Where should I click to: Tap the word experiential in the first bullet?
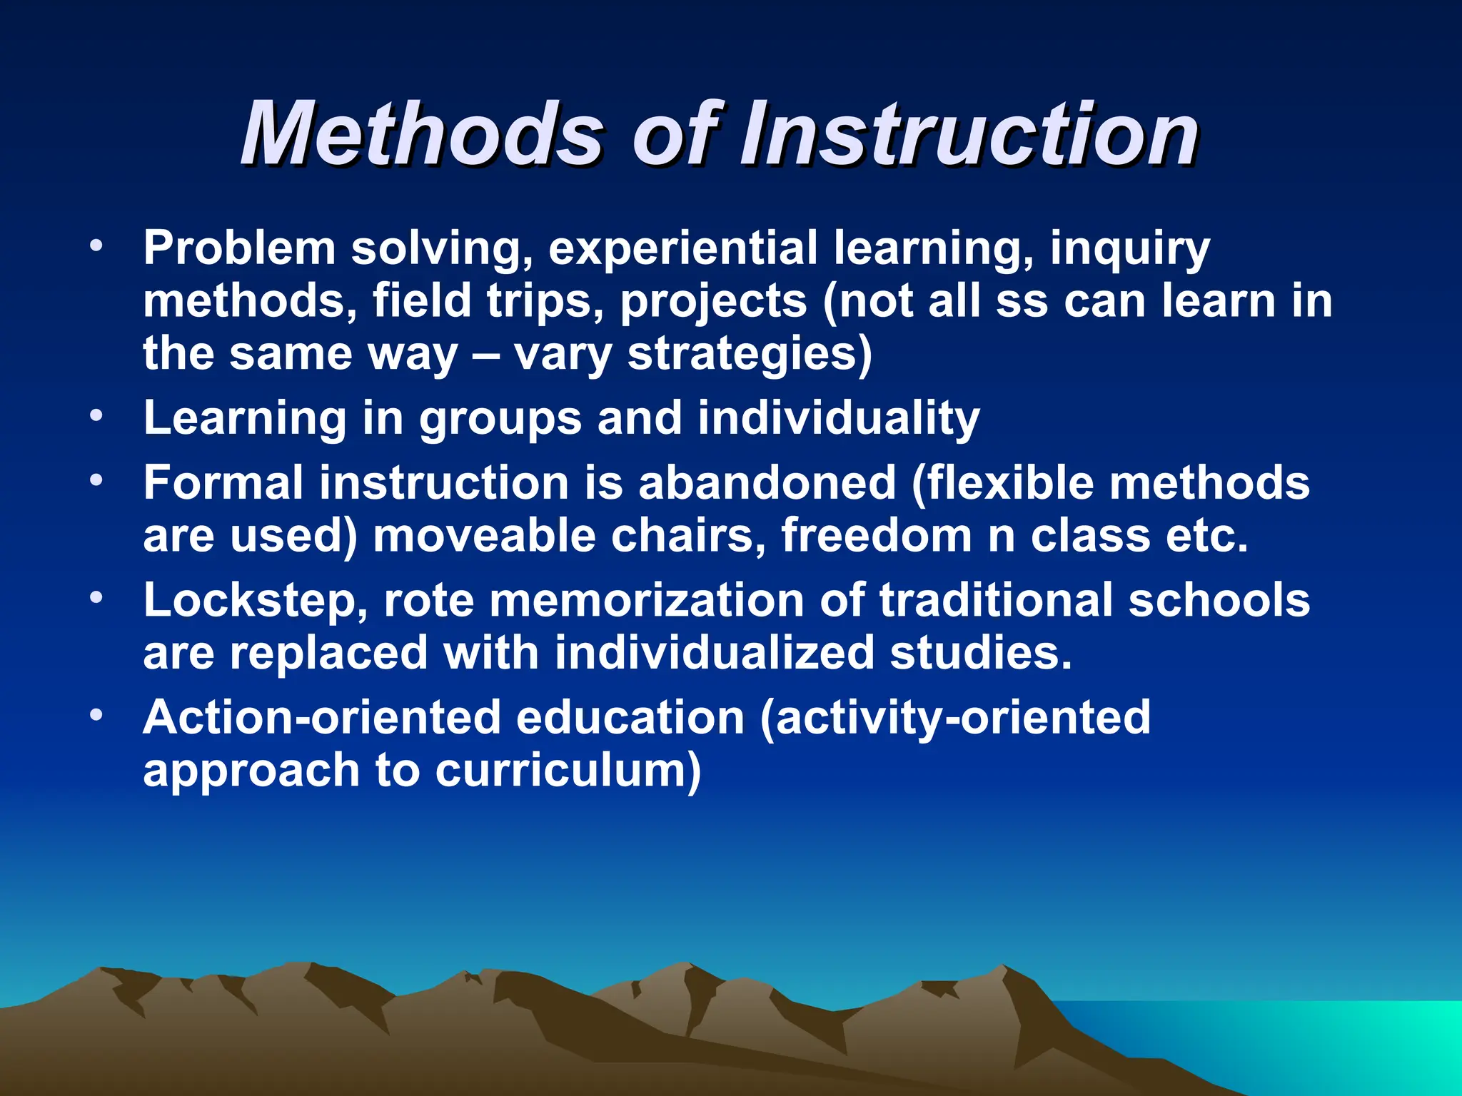(x=682, y=248)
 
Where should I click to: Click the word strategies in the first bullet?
(x=750, y=355)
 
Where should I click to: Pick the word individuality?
(x=838, y=418)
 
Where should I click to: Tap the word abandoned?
(x=767, y=483)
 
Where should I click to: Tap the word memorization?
(x=646, y=601)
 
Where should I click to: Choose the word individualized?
(x=715, y=653)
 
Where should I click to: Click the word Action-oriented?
(x=321, y=718)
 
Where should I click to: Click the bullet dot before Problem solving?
(x=97, y=247)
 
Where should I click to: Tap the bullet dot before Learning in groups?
(x=97, y=416)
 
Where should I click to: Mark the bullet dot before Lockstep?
(x=97, y=598)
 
